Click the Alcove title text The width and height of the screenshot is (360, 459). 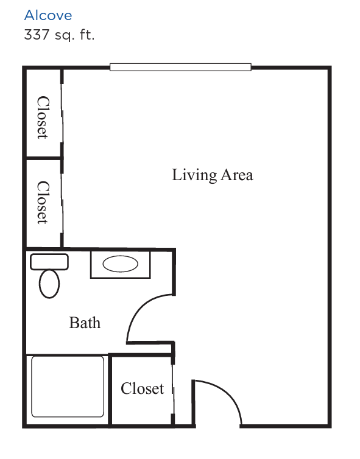pos(48,15)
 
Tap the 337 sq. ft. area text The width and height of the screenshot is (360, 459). pos(59,35)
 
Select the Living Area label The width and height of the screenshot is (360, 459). pos(213,175)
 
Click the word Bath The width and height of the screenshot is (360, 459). pos(85,323)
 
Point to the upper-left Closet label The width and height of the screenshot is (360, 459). pos(43,117)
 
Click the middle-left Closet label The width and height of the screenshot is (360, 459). pos(43,202)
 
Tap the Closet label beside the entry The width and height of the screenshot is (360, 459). pos(143,388)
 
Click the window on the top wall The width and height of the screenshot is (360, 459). pos(180,67)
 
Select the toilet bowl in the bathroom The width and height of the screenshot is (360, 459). pos(49,284)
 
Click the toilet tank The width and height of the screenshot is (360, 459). pos(49,262)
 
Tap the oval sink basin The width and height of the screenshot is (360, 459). pos(120,264)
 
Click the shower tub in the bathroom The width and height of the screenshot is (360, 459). pos(68,387)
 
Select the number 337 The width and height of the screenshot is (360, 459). pos(37,34)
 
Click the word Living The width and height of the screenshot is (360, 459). pos(194,175)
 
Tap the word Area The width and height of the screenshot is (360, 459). pos(237,175)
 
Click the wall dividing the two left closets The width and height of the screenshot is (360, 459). pos(44,158)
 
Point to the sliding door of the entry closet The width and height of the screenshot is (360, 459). pos(173,390)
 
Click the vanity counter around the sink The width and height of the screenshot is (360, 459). pos(120,264)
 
